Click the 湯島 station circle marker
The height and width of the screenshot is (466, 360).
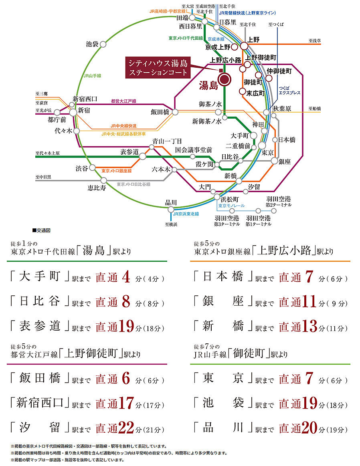(224, 80)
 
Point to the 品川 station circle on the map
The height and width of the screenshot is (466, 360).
(171, 209)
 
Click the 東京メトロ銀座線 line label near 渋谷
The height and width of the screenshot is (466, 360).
(116, 171)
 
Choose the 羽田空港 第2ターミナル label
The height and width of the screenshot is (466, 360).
(279, 202)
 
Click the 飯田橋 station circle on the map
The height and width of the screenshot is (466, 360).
(175, 112)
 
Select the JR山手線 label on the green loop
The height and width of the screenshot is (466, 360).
(92, 75)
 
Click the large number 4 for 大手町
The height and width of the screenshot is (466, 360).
(125, 277)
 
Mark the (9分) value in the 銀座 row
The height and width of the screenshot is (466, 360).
(336, 304)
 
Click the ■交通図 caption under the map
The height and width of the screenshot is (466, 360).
(41, 231)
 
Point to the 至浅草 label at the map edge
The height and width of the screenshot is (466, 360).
(316, 40)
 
